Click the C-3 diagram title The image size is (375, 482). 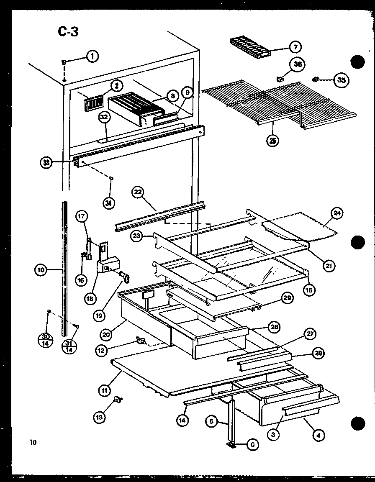(x=67, y=31)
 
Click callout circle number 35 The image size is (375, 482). (x=342, y=81)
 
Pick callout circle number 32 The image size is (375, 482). (x=104, y=119)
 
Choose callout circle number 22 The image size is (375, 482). (x=138, y=193)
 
